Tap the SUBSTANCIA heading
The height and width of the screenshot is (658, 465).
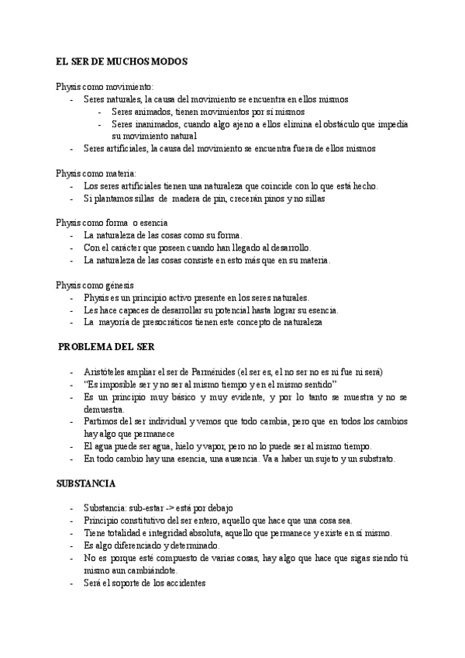(86, 483)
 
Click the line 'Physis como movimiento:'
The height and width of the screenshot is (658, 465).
(105, 86)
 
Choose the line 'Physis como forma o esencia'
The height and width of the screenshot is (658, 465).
(112, 223)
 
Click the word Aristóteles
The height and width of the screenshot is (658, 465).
(108, 372)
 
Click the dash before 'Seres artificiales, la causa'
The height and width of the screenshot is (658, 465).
(71, 148)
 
